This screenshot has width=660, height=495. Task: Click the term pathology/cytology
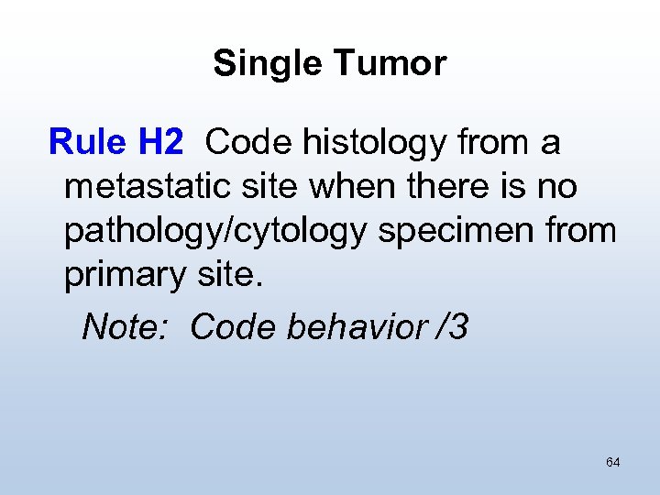215,232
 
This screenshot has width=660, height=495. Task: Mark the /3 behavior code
452,326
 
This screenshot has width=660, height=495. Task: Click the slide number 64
612,462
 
